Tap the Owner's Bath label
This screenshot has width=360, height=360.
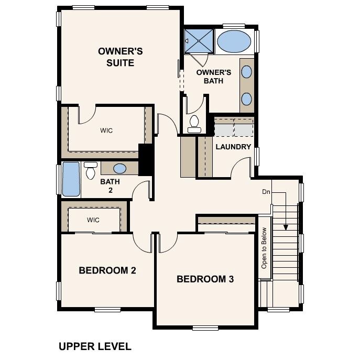[213, 77]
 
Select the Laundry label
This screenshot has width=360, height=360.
[233, 147]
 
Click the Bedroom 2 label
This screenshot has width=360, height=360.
[107, 270]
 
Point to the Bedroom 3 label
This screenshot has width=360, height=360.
[205, 279]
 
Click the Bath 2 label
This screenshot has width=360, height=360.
[110, 186]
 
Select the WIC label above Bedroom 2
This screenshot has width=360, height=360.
[93, 220]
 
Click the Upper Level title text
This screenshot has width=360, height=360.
[95, 346]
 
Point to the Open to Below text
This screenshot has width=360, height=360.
[264, 248]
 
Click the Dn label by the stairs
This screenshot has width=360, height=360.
[266, 192]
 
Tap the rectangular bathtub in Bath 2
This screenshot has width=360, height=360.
[70, 180]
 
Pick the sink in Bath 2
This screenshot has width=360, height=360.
[120, 169]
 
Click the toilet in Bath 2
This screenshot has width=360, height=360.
[91, 169]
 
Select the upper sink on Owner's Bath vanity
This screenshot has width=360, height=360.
[247, 72]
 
